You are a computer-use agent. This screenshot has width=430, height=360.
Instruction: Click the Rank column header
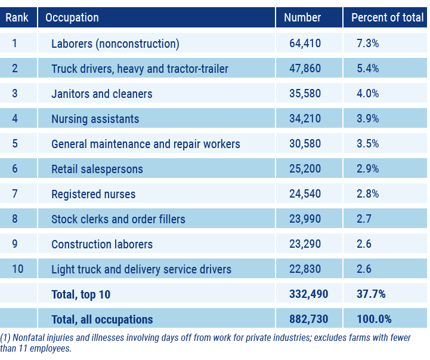(18, 17)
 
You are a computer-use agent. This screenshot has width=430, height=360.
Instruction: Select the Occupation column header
(72, 17)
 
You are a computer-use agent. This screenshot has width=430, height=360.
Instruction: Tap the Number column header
(302, 17)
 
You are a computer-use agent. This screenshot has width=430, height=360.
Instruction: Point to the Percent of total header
(387, 17)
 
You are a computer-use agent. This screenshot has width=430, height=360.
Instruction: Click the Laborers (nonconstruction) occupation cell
(115, 44)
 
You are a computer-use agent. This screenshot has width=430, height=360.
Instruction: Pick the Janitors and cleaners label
(102, 94)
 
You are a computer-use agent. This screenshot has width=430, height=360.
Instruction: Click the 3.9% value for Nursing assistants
(367, 119)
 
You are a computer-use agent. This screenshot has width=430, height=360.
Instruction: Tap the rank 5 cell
(15, 144)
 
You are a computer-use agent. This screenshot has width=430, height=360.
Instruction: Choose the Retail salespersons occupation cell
(97, 169)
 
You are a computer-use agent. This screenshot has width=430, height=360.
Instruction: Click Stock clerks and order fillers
(118, 219)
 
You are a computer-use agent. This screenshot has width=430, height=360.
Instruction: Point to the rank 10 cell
(17, 269)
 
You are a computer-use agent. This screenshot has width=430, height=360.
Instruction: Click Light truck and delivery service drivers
(141, 269)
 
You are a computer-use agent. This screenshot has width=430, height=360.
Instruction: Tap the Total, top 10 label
(81, 294)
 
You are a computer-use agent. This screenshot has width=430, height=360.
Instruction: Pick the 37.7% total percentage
(370, 294)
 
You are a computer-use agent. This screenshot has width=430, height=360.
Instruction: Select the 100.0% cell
(373, 319)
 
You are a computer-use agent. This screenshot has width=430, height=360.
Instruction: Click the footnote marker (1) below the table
(5, 338)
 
